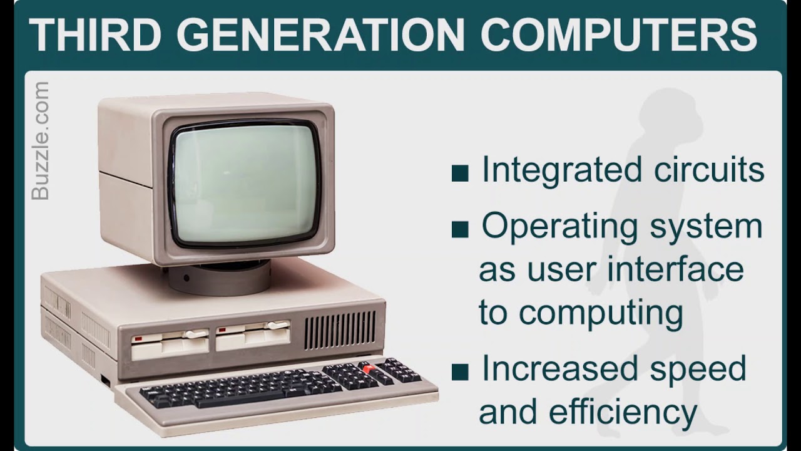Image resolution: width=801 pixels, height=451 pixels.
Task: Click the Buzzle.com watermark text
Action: (40, 141)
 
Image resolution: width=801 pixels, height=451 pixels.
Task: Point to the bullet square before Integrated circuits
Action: (460, 174)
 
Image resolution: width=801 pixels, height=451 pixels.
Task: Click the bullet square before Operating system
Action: (460, 229)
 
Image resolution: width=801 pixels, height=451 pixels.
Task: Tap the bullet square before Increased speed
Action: (460, 371)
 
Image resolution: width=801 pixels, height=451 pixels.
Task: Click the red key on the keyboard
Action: (368, 369)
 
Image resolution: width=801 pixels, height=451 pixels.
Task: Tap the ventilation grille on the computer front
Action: (340, 330)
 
